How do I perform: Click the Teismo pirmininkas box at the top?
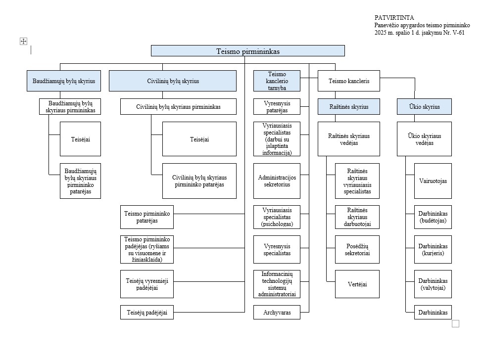[248, 51]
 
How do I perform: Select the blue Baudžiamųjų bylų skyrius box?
[64, 81]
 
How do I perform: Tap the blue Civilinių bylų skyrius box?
[173, 81]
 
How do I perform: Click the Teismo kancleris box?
[349, 81]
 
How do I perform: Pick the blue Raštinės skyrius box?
[349, 107]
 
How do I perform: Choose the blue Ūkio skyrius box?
[425, 107]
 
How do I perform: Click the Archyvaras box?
[277, 313]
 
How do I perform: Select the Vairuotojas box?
[433, 181]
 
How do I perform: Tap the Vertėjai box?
[357, 284]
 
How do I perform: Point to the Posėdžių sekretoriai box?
[357, 250]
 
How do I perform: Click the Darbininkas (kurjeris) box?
[433, 250]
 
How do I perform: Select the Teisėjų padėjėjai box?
[147, 313]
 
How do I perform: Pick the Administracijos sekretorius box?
[277, 181]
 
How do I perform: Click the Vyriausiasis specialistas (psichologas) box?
[277, 217]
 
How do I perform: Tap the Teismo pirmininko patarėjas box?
[147, 217]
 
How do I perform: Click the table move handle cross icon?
[24, 41]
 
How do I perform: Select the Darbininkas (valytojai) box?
[433, 284]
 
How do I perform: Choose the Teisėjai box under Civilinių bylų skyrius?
[199, 139]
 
